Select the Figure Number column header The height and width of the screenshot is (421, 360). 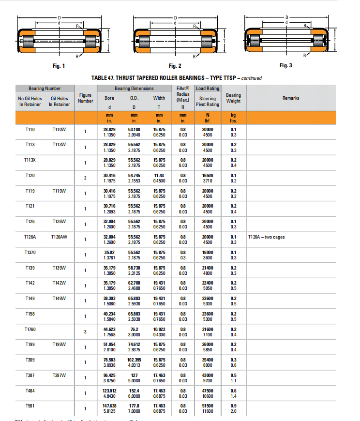86,98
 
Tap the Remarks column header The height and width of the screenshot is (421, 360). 291,98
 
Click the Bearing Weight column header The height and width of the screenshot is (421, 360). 233,98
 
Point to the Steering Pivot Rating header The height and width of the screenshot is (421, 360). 208,101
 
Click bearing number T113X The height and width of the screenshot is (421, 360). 30,160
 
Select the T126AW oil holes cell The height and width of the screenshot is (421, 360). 59,237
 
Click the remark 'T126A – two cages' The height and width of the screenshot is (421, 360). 266,237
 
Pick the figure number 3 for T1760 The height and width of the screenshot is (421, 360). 86,331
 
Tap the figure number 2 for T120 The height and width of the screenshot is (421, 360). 86,178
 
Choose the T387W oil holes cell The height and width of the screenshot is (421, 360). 59,375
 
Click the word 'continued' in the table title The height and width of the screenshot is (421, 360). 252,78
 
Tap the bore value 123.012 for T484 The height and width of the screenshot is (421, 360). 110,391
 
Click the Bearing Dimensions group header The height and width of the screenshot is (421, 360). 134,89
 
